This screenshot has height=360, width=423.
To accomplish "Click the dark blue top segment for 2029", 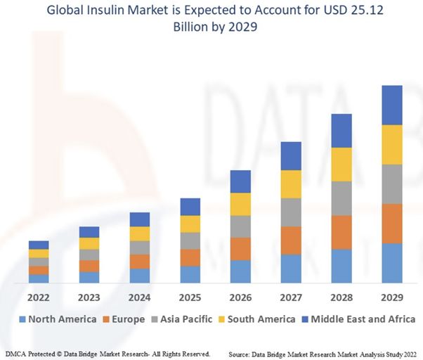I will click(391, 105).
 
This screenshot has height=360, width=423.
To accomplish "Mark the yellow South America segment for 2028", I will click(341, 164).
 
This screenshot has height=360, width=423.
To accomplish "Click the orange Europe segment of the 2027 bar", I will click(291, 240).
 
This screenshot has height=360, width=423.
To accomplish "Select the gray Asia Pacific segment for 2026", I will click(240, 226).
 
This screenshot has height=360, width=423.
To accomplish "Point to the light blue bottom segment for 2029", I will click(391, 263).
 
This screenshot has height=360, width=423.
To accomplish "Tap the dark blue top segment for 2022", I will click(39, 245).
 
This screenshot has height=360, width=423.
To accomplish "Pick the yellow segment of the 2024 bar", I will click(140, 233).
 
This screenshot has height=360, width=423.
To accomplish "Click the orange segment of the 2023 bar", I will click(89, 266).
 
